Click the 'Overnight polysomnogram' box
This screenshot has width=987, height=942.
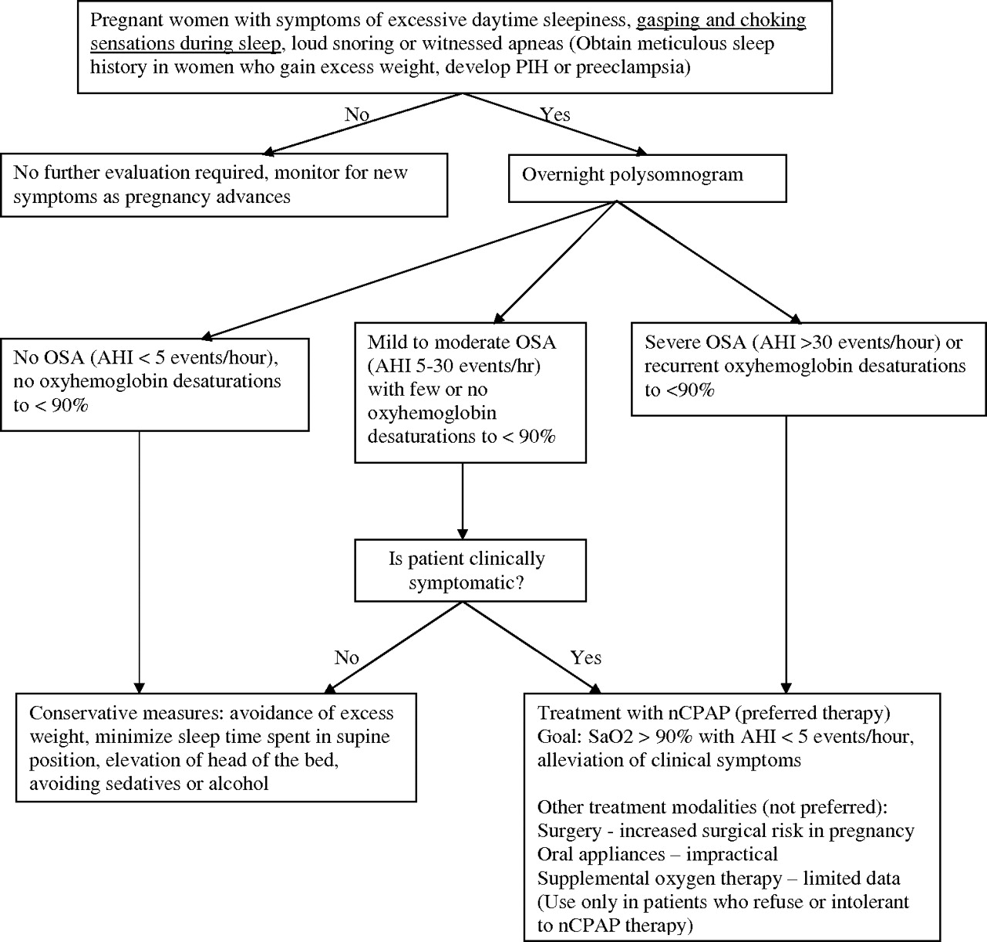[x=647, y=178]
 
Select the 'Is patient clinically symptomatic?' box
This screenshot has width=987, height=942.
[x=470, y=570]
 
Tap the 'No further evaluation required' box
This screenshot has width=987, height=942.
[x=224, y=185]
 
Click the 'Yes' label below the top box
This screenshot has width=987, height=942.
[x=555, y=114]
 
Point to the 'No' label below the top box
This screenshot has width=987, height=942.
[x=357, y=114]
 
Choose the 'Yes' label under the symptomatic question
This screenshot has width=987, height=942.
[x=585, y=657]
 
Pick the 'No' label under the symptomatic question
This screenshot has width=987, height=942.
[x=346, y=657]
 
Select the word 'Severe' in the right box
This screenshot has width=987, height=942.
[x=672, y=342]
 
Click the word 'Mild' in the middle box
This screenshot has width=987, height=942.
[x=385, y=342]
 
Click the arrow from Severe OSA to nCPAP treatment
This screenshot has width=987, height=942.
[x=786, y=555]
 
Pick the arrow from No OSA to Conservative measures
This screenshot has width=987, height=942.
[x=139, y=562]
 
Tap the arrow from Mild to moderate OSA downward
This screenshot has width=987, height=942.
[x=463, y=501]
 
